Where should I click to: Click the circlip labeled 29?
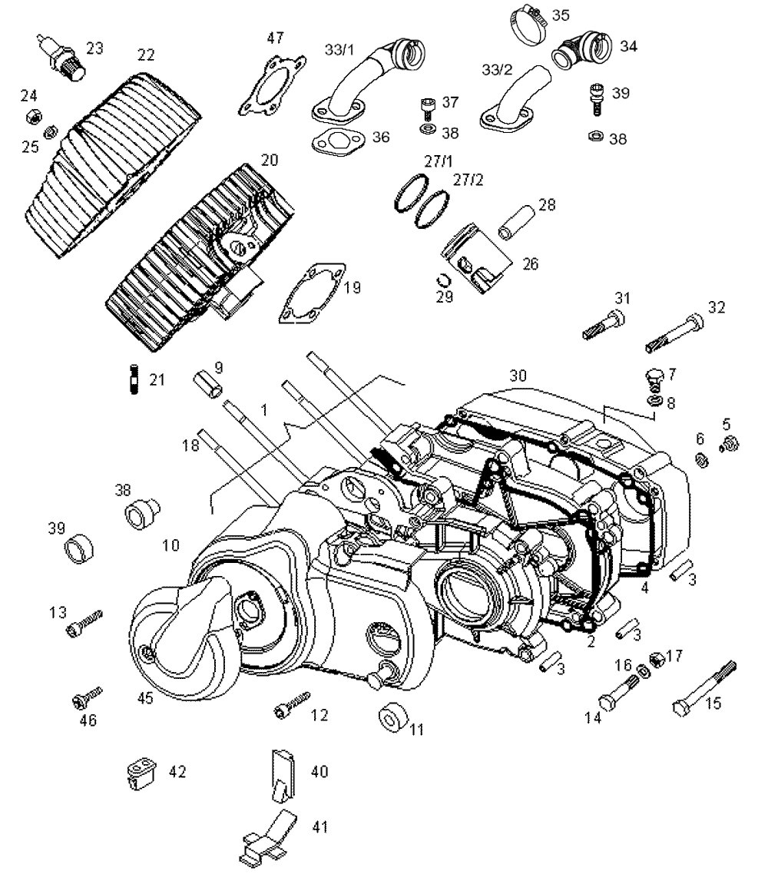pyautogui.click(x=445, y=280)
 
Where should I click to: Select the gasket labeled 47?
pyautogui.click(x=272, y=86)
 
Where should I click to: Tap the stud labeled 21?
pyautogui.click(x=134, y=379)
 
